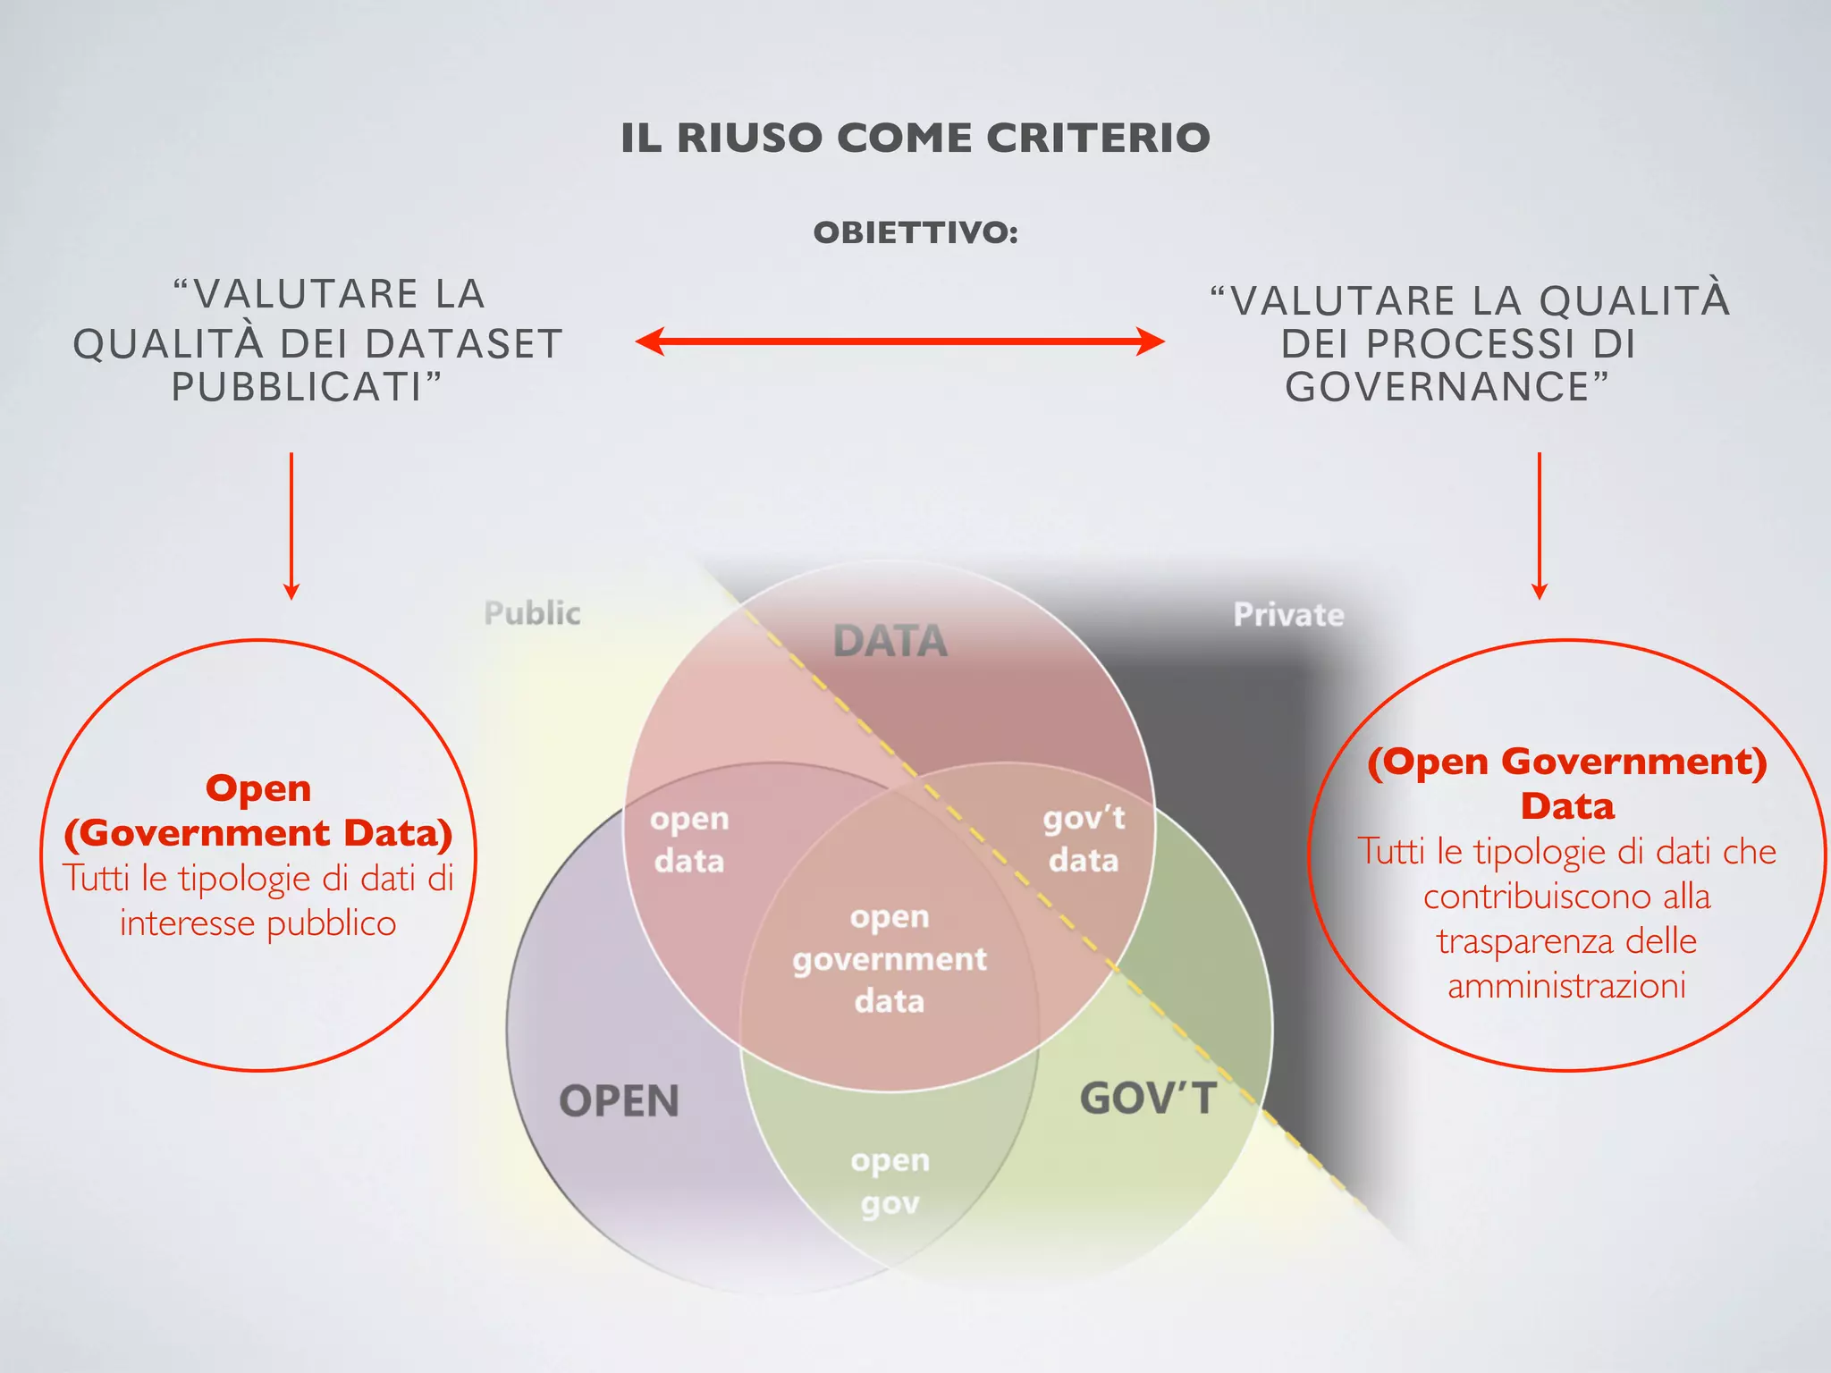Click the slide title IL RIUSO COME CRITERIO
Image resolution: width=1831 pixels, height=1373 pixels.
(915, 139)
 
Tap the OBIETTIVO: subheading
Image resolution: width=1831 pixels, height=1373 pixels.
(915, 233)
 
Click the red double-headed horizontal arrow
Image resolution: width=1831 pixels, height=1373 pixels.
(899, 341)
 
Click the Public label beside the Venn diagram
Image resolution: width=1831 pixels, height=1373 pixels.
(532, 613)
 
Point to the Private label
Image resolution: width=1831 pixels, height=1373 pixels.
(1288, 615)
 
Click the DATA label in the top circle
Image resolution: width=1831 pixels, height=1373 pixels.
(890, 641)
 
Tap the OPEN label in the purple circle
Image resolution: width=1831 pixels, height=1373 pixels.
(619, 1100)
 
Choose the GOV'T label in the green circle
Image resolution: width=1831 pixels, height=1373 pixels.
(1148, 1099)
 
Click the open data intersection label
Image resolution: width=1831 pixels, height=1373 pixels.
(689, 839)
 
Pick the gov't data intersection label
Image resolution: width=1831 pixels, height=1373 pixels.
(1084, 838)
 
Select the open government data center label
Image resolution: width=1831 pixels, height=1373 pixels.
(890, 959)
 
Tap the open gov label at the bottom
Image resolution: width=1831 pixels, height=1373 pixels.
(890, 1181)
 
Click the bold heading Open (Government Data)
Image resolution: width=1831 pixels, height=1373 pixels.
(258, 811)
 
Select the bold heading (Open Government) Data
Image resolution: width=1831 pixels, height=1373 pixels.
(1567, 784)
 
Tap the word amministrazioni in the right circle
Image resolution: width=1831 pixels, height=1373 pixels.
(1566, 986)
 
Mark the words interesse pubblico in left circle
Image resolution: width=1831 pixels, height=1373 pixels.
(258, 923)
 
